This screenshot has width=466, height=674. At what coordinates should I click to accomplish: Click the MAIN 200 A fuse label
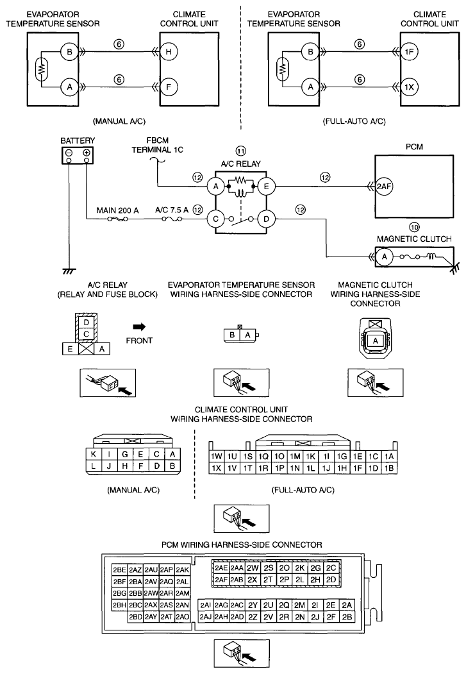(112, 210)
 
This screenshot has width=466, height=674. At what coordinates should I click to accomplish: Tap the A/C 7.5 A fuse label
(172, 210)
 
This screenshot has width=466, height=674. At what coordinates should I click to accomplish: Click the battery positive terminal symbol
(87, 152)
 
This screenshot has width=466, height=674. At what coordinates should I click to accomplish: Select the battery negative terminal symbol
(69, 152)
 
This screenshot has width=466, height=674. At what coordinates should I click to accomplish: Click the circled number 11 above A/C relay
(240, 151)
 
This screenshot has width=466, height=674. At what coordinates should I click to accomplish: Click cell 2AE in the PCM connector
(222, 568)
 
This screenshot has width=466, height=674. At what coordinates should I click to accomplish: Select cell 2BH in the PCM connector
(119, 605)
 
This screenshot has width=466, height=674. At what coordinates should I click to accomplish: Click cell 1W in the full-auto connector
(216, 457)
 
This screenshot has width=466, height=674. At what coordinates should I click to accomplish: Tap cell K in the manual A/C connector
(94, 455)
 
